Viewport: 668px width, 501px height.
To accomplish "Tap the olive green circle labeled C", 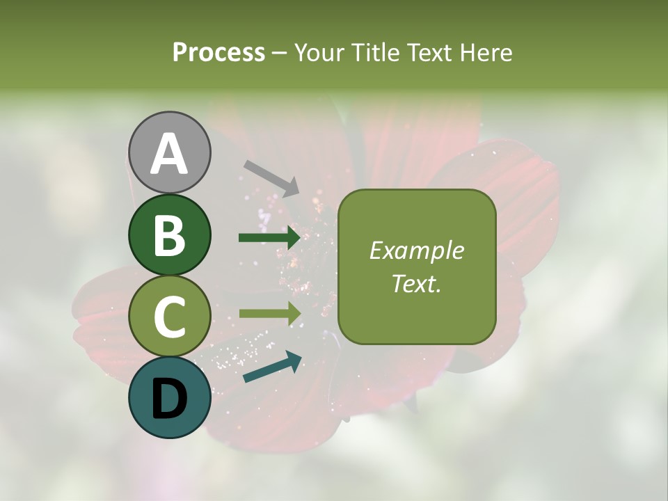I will [169, 317].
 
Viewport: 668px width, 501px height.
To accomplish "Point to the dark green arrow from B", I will [269, 238].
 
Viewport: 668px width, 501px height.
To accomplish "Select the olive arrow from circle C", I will [269, 314].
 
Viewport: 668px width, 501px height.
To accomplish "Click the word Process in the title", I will [218, 53].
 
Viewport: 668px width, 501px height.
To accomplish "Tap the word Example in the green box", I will [416, 250].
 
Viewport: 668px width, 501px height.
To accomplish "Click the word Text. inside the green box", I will [416, 284].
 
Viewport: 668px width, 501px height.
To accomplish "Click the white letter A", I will [169, 154].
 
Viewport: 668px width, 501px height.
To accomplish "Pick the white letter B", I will [169, 234].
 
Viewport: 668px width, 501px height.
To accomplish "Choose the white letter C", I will [169, 317].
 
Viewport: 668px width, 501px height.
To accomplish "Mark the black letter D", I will [169, 397].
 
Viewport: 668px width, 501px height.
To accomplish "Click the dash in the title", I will [280, 54].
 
